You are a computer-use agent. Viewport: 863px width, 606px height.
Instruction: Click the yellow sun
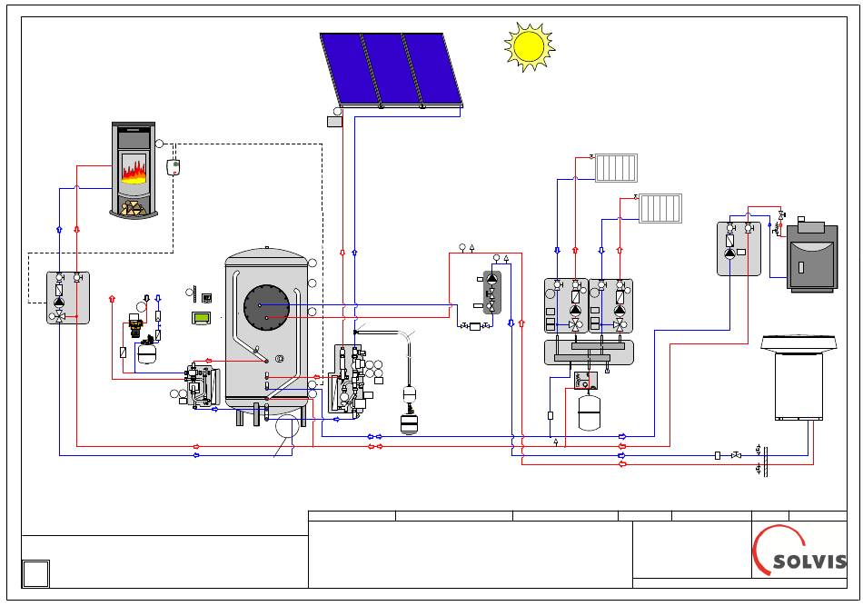click(x=529, y=46)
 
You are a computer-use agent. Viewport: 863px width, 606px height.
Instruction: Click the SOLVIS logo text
click(x=809, y=561)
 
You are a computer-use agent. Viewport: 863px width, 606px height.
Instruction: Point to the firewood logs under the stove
click(x=132, y=208)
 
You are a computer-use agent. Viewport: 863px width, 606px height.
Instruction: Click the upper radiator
click(x=617, y=168)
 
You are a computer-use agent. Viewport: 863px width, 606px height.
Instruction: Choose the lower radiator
click(x=660, y=208)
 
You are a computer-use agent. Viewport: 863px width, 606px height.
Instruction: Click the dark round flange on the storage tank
click(x=266, y=307)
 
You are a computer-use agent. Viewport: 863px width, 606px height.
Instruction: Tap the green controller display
click(x=202, y=318)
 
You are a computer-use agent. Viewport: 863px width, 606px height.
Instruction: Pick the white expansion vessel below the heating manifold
click(x=589, y=411)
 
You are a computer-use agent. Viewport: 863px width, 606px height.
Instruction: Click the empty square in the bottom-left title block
click(x=35, y=573)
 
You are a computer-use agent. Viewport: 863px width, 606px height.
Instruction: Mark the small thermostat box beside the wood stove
click(x=174, y=167)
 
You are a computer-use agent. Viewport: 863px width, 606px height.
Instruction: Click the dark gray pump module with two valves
click(x=492, y=293)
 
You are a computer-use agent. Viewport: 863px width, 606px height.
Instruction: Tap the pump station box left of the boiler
click(x=739, y=249)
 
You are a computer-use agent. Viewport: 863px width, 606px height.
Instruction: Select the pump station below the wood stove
click(x=68, y=297)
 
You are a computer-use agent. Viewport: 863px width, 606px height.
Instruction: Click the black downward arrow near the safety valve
click(x=146, y=298)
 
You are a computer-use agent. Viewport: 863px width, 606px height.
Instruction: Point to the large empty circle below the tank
click(x=287, y=427)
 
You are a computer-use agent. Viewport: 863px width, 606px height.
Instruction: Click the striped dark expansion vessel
click(x=409, y=424)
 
